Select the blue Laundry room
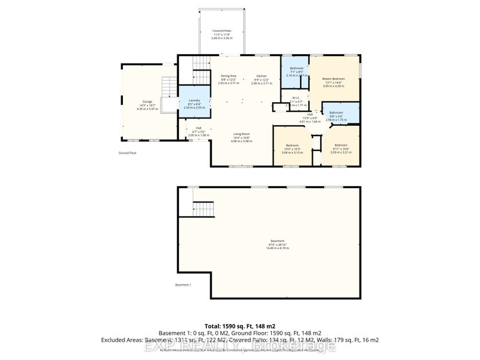click(194, 102)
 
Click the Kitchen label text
click(261, 79)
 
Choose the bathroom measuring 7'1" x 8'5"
click(297, 71)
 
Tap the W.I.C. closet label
click(296, 102)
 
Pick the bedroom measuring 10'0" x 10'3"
click(291, 149)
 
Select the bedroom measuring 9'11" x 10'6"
click(340, 148)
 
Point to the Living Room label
click(241, 137)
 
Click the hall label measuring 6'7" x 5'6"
click(198, 131)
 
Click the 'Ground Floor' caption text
click(127, 153)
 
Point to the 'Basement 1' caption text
click(183, 285)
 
